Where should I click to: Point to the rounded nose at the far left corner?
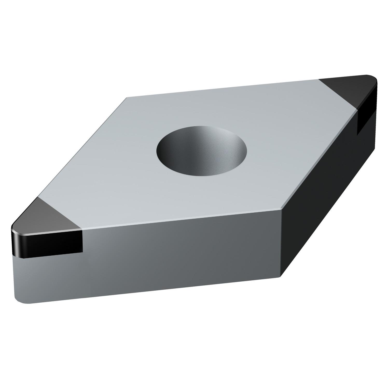pyautogui.click(x=13, y=231)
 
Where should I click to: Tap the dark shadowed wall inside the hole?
pyautogui.click(x=176, y=145)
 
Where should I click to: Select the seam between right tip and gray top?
pyautogui.click(x=337, y=96)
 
